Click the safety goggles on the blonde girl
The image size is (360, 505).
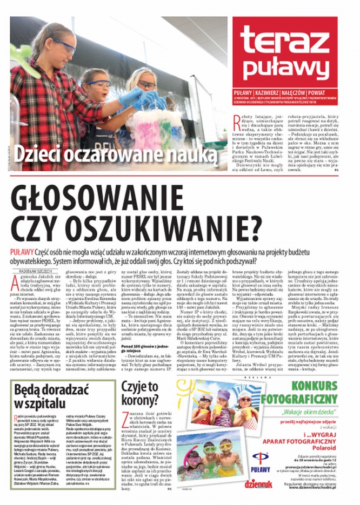point(146,84)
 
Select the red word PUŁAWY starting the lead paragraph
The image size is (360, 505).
point(21,252)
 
